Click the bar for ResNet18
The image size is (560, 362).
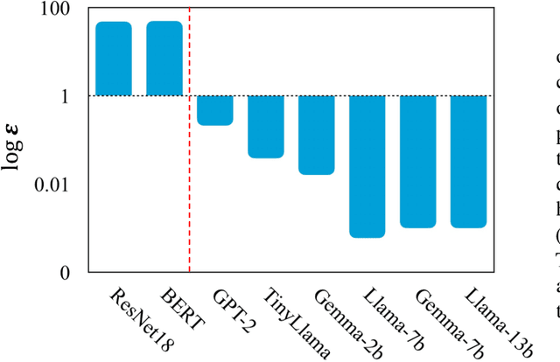click(x=114, y=59)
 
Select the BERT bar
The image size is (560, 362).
click(x=164, y=59)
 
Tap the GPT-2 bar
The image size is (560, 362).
click(x=214, y=110)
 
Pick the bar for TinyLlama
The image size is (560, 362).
click(x=265, y=127)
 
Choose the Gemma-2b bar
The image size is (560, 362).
click(x=316, y=135)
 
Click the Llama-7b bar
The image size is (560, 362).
click(x=367, y=166)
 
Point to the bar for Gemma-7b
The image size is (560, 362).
click(x=418, y=162)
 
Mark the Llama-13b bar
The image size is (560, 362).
click(x=469, y=162)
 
